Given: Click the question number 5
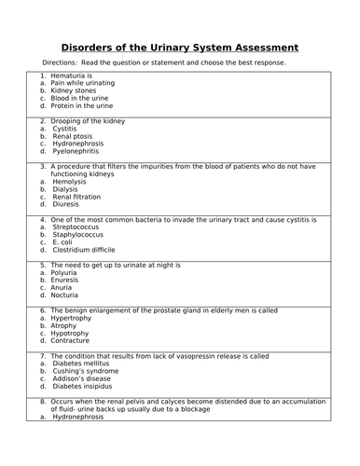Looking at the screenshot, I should [43, 265].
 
